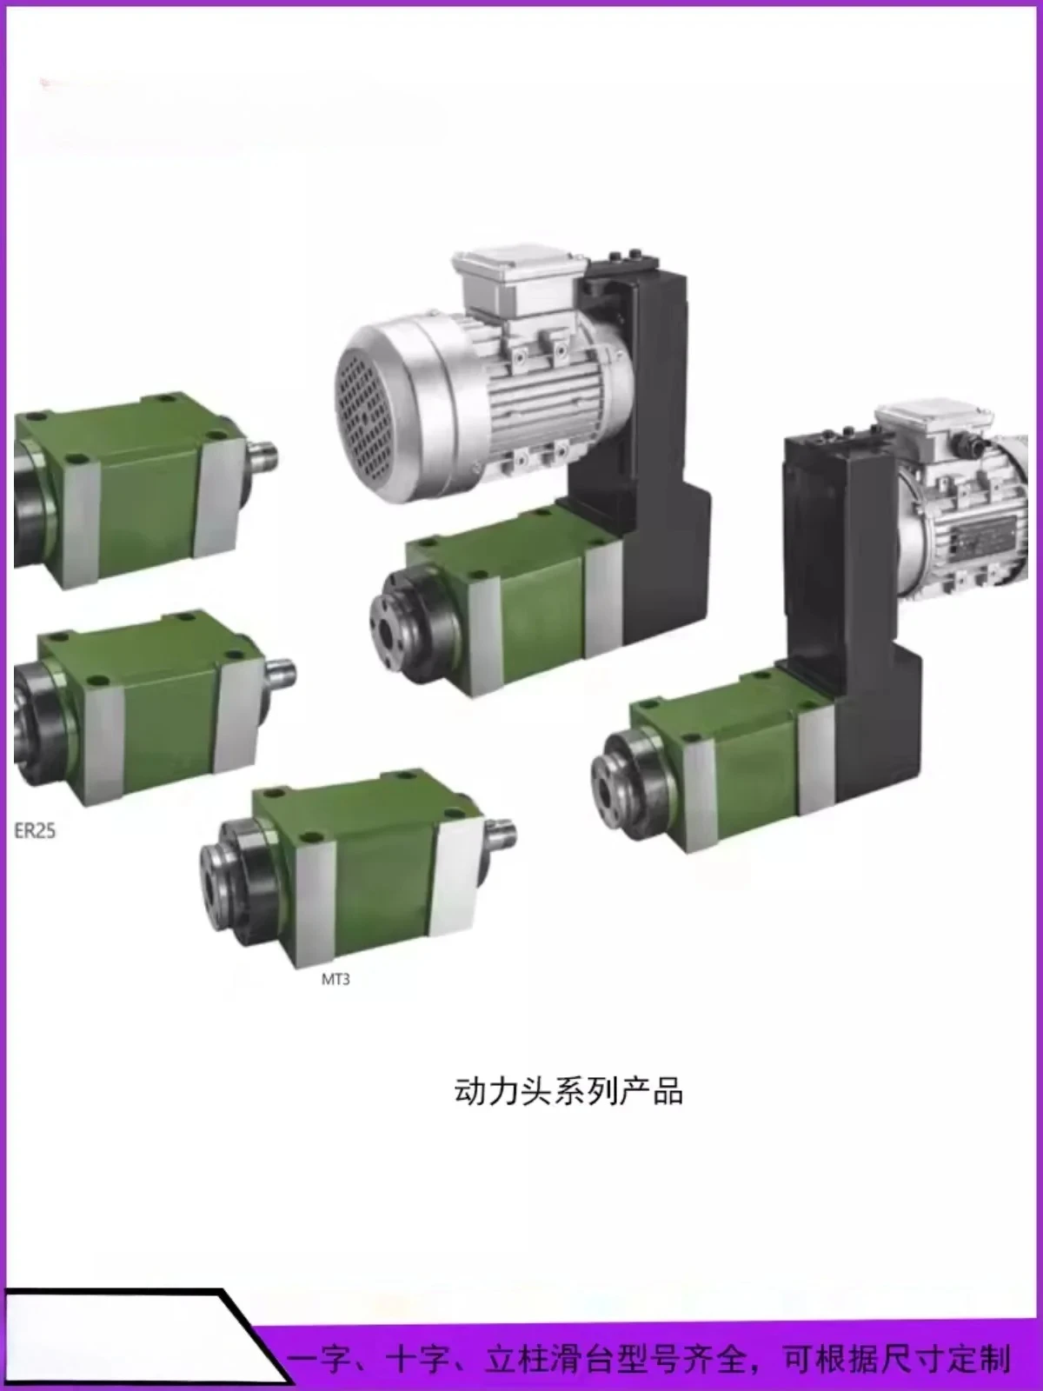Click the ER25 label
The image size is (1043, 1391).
coord(35,830)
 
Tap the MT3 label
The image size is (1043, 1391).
coord(335,979)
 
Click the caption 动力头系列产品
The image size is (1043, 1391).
coord(568,1091)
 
